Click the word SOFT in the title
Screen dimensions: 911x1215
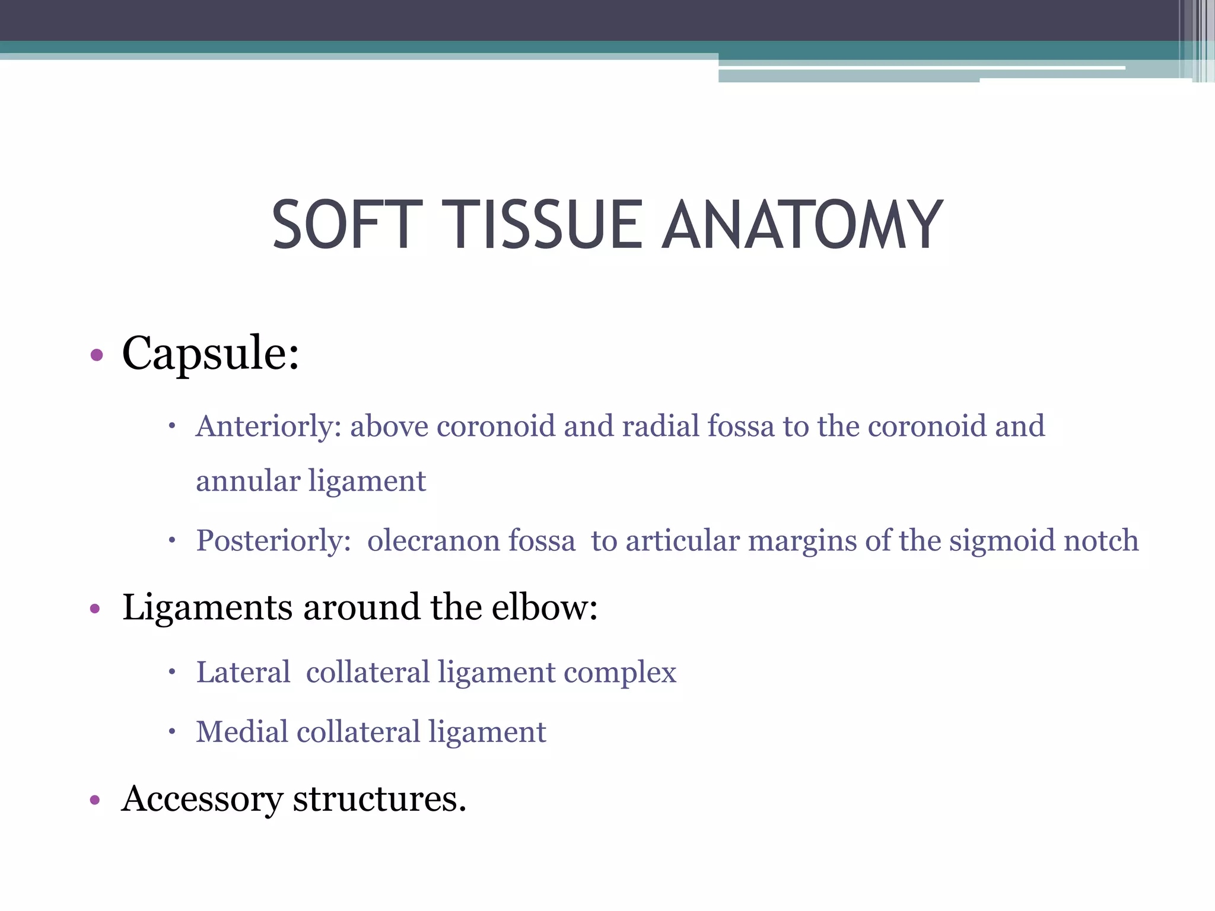pyautogui.click(x=347, y=225)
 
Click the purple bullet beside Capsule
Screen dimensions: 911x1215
pyautogui.click(x=97, y=356)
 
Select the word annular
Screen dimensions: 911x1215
pyautogui.click(x=248, y=481)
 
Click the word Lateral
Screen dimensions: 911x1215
pyautogui.click(x=243, y=673)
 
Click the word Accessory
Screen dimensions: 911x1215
pyautogui.click(x=202, y=799)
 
